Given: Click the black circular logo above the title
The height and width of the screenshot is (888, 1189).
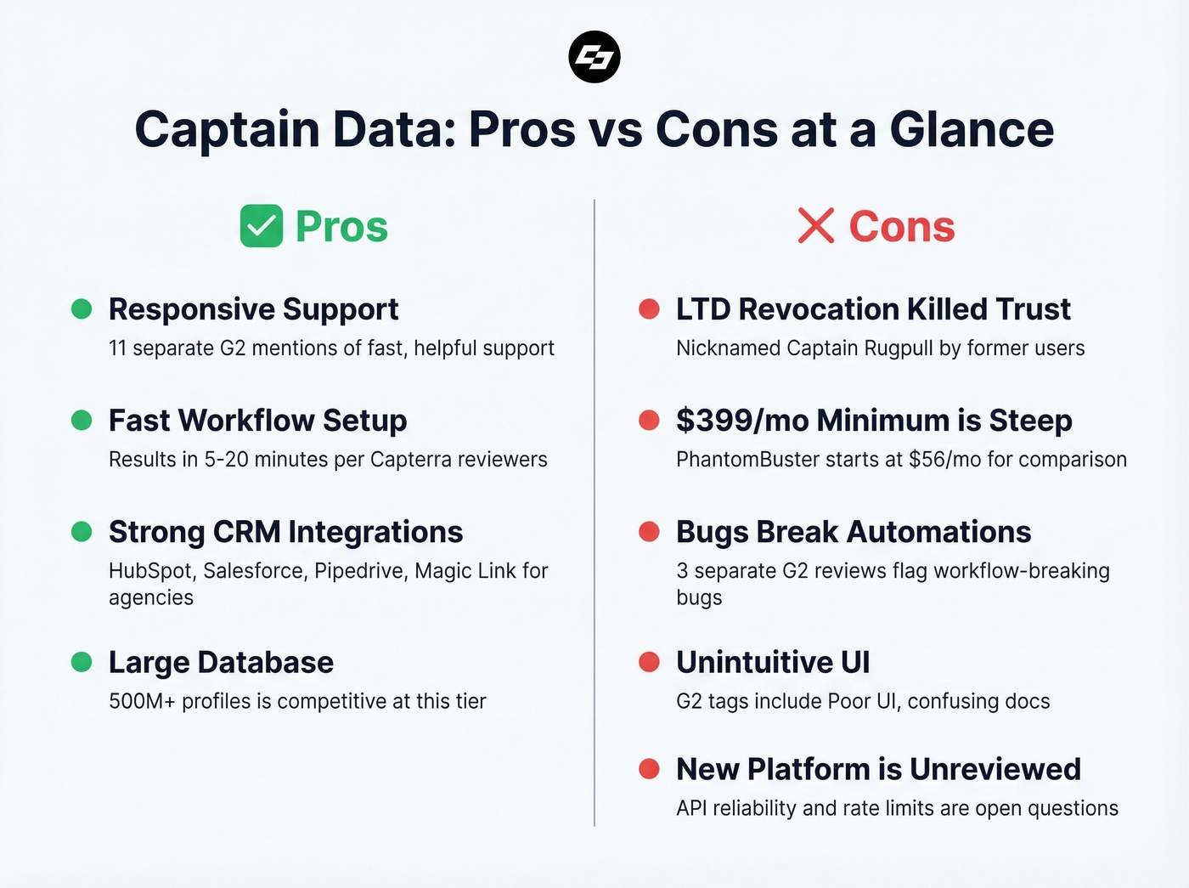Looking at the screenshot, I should tap(594, 57).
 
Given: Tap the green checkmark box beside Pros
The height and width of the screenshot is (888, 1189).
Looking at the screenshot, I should tap(261, 226).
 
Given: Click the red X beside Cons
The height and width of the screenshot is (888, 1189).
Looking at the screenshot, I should tap(815, 226).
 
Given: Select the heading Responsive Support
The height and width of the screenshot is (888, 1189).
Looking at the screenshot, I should tap(253, 309).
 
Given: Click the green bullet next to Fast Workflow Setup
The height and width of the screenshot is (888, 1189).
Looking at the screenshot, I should tap(82, 420).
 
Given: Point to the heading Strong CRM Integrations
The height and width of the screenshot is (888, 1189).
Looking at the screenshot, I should tap(285, 532).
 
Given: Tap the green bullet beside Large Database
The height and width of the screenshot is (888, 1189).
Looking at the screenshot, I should tap(82, 662).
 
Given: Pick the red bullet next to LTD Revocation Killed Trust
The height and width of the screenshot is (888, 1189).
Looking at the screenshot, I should tap(649, 308).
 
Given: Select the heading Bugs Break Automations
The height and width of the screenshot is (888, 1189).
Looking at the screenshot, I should tap(854, 532).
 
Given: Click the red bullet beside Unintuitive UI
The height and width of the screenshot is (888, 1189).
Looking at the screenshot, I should tap(649, 662).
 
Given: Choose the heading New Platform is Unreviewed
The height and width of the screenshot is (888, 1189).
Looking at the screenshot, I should tap(878, 769).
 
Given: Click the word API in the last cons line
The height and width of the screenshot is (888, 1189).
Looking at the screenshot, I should tap(691, 808).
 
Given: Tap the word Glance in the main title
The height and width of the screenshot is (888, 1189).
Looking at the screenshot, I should tap(972, 129).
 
